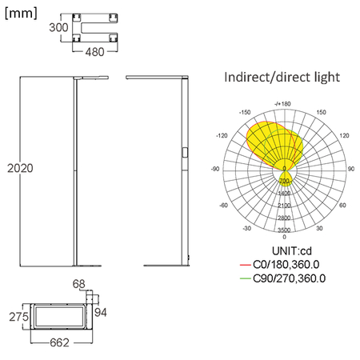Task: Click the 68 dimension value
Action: tap(78, 283)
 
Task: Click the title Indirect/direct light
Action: tap(283, 78)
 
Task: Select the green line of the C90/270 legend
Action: tap(245, 278)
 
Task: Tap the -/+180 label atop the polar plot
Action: tap(283, 103)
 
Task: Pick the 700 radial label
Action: tap(284, 182)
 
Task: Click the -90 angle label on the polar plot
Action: tap(215, 170)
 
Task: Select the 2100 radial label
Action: tap(284, 206)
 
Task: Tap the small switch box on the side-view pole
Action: tap(186, 151)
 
